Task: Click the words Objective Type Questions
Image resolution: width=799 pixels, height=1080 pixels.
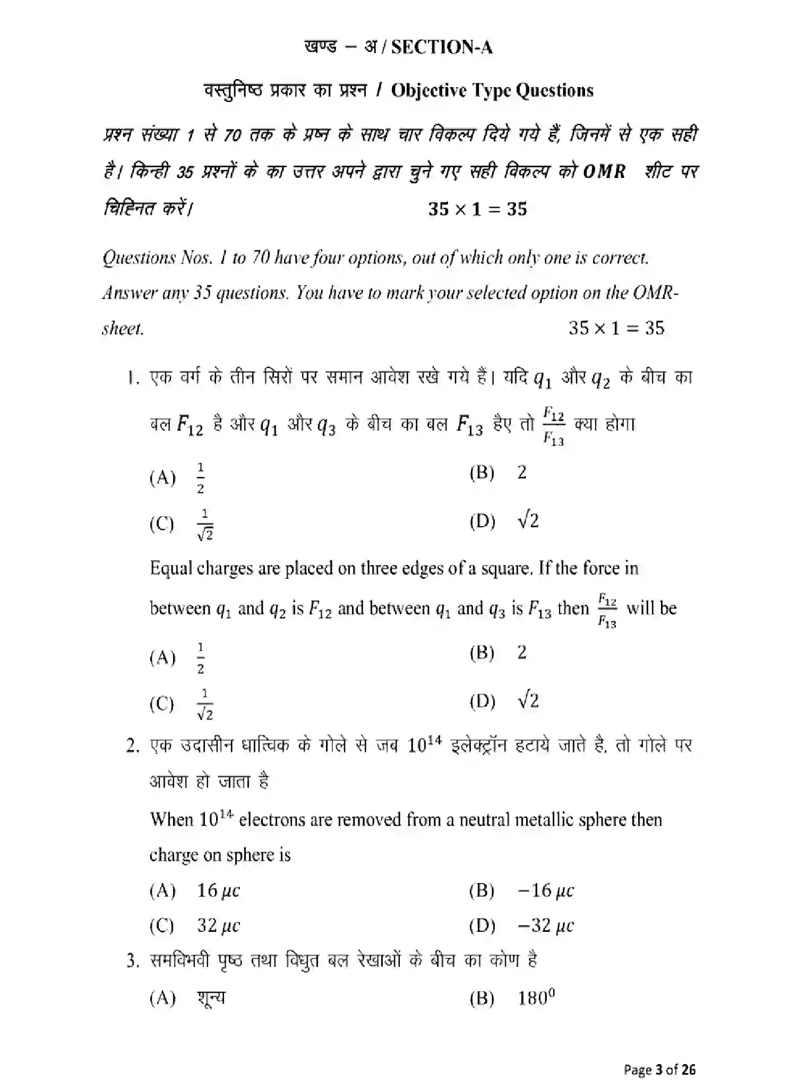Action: tap(492, 90)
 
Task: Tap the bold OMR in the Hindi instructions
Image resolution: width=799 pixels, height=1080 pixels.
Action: tap(604, 172)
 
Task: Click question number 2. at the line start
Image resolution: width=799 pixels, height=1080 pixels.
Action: tap(133, 746)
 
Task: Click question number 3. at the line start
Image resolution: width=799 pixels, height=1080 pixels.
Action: tap(133, 961)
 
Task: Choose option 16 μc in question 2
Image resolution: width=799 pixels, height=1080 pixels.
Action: tap(218, 890)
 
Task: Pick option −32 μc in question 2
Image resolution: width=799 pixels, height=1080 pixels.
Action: tap(545, 926)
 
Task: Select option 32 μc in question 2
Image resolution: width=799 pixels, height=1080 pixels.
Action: tap(218, 926)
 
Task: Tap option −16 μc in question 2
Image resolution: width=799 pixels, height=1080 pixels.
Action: tap(545, 890)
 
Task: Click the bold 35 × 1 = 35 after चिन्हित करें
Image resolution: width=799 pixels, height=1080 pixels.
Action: tap(477, 209)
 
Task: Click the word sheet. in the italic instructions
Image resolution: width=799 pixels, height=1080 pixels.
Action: tap(123, 329)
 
